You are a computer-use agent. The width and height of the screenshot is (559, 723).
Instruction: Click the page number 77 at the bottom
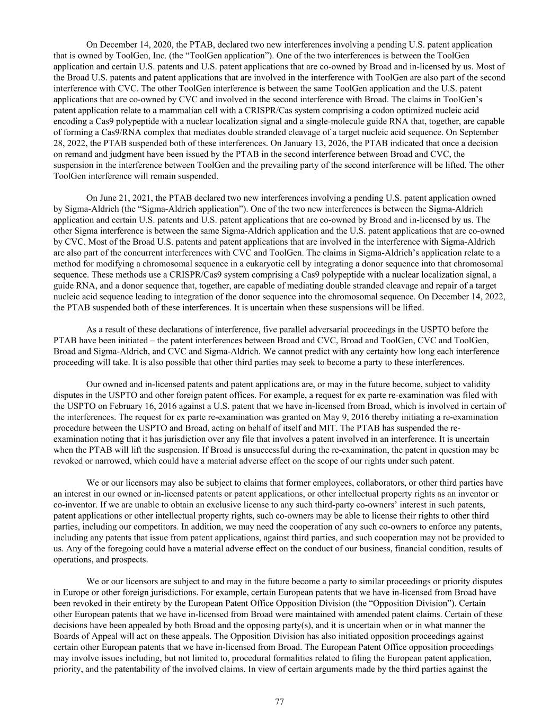280,702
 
